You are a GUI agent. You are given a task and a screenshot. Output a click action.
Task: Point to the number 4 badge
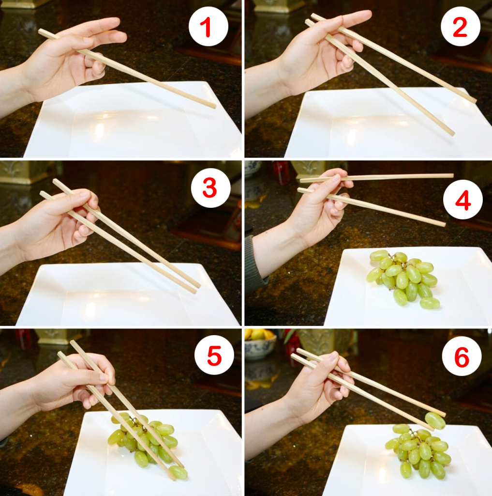point(462,200)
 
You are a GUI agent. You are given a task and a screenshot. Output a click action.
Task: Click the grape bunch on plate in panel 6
point(417,450)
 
